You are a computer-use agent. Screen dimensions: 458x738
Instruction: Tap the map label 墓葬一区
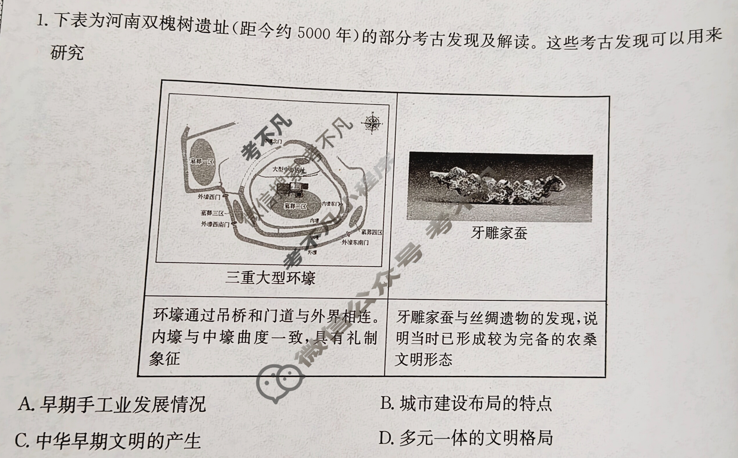click(x=202, y=161)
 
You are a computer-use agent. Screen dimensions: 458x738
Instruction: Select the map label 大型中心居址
click(x=289, y=169)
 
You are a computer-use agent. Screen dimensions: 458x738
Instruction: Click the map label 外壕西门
click(x=209, y=197)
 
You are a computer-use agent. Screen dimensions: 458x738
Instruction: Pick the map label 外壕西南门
click(x=215, y=224)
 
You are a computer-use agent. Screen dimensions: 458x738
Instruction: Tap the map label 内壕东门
click(x=331, y=204)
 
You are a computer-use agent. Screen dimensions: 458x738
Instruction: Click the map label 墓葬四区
click(x=372, y=232)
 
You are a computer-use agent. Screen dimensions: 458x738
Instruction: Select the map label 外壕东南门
click(x=355, y=242)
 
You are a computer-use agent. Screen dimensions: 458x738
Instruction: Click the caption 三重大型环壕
click(x=270, y=277)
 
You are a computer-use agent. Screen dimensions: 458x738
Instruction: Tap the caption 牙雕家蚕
click(x=499, y=233)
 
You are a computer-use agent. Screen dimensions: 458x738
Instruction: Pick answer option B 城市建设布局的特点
click(x=466, y=404)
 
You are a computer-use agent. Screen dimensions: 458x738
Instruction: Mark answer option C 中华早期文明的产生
click(x=108, y=441)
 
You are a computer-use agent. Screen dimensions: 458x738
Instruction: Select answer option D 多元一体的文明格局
click(x=466, y=438)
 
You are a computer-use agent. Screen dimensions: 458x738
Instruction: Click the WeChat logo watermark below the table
click(x=280, y=383)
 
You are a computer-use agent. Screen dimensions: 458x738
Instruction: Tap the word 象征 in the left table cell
click(x=165, y=358)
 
